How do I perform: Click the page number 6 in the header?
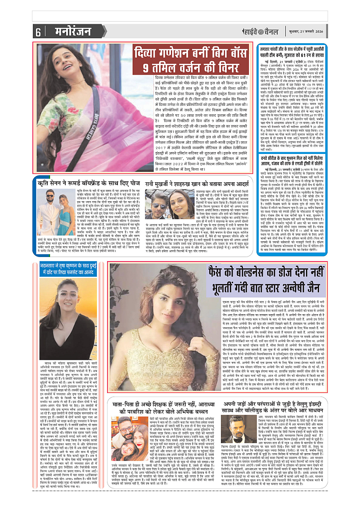pyautogui.click(x=38, y=32)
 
